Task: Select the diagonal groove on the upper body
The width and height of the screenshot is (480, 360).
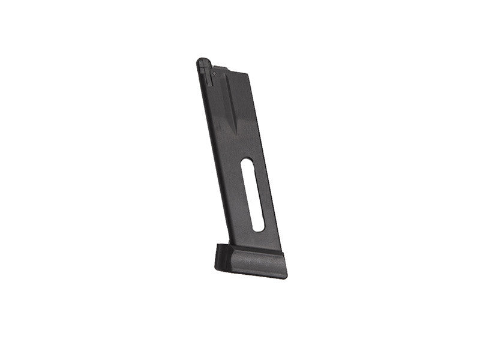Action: tap(229, 102)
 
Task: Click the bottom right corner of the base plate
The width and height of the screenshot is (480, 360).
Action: tap(286, 275)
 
